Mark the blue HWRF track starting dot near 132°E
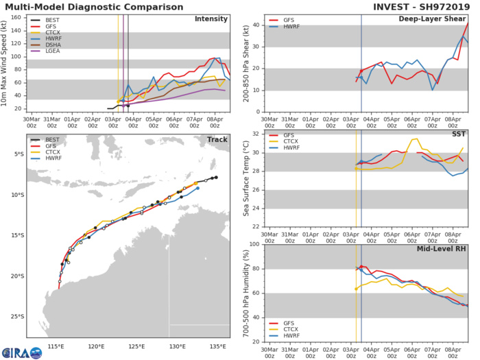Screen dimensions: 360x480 tap(197, 188)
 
